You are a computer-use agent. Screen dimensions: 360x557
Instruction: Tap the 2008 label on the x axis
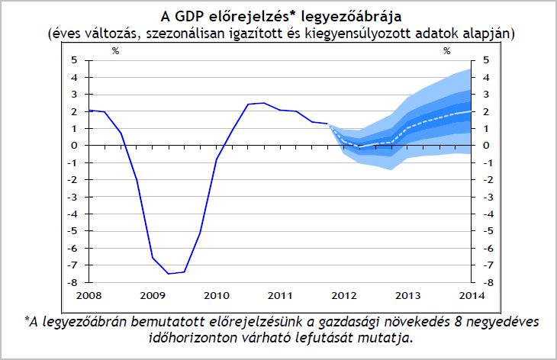coord(89,294)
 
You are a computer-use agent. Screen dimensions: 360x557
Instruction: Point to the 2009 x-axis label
coord(153,294)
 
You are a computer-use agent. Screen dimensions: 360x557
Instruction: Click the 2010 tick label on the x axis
coord(217,294)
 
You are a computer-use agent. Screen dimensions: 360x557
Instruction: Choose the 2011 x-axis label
coord(281,294)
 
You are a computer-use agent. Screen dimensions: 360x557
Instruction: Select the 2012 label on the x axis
coord(345,294)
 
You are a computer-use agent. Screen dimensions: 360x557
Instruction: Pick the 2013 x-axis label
coord(409,294)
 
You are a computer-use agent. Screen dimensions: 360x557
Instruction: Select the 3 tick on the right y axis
coord(486,94)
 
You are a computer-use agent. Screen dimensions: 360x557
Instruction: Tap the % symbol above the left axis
coord(116,51)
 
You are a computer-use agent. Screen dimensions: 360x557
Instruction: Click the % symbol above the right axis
coord(448,51)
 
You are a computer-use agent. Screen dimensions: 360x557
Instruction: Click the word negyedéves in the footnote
coord(504,323)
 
